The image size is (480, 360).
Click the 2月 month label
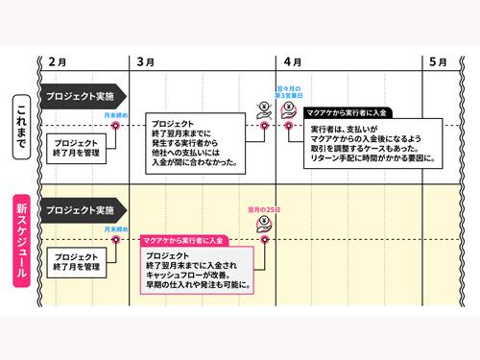[57, 61]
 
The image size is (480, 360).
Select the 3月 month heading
[146, 61]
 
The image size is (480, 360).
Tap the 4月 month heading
[293, 61]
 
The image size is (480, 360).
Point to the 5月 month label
[438, 61]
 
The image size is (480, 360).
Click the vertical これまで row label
[21, 124]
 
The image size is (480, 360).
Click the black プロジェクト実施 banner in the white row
[81, 96]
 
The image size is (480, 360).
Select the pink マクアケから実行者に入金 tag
[182, 238]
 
